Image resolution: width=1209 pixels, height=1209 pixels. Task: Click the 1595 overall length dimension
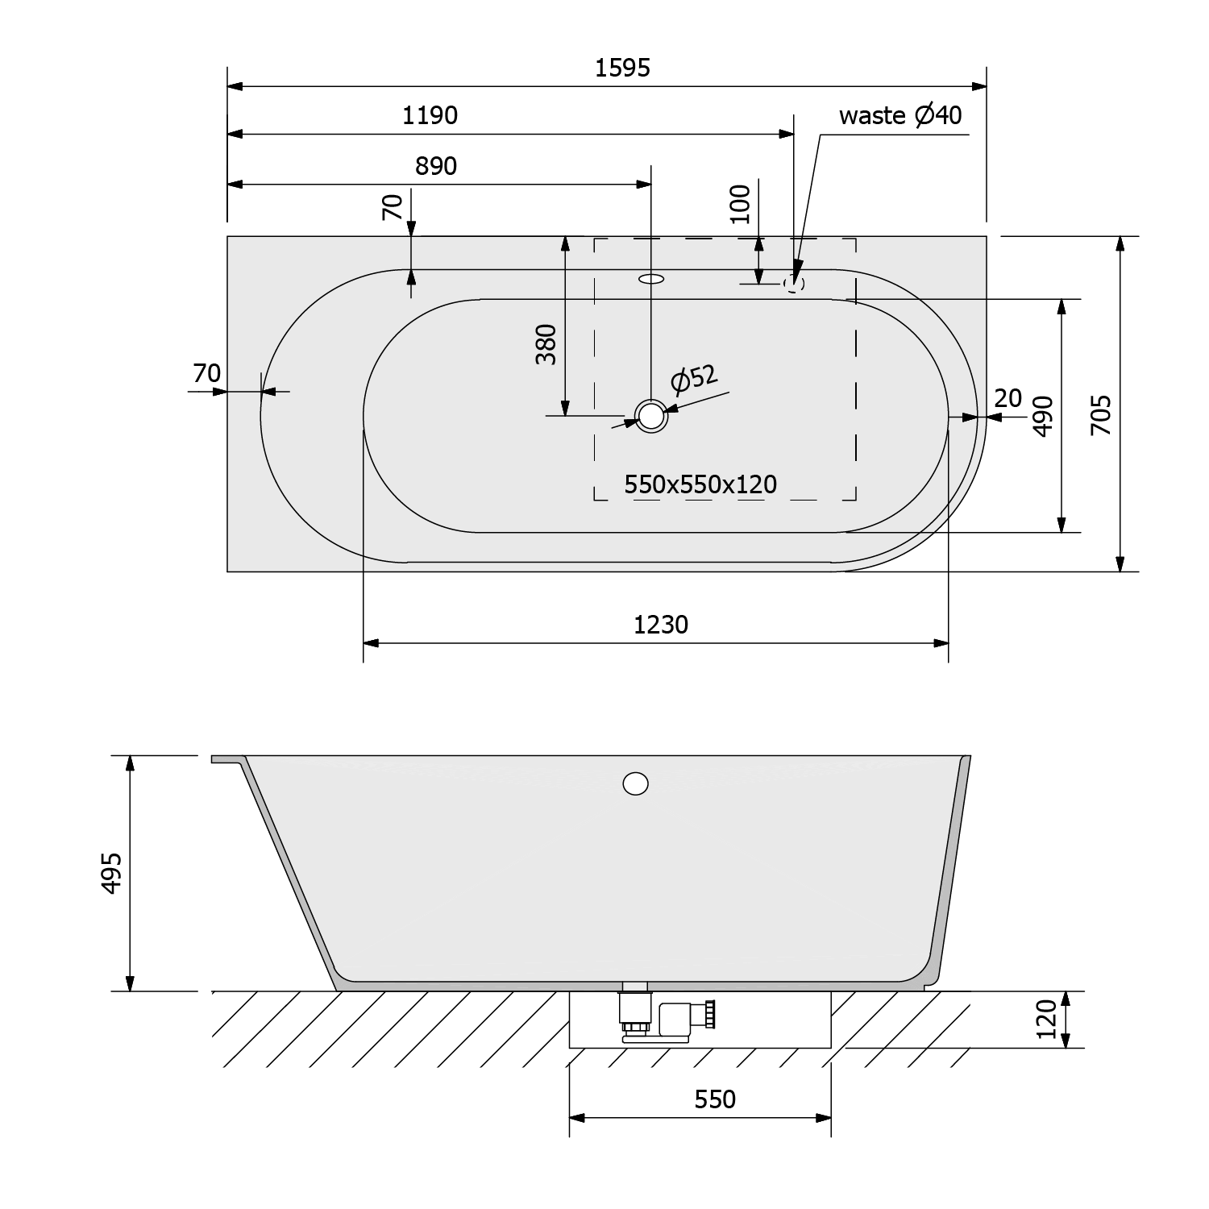click(x=622, y=68)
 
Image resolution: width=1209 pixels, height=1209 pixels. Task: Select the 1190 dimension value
click(x=430, y=116)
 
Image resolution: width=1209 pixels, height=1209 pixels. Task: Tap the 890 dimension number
click(x=435, y=166)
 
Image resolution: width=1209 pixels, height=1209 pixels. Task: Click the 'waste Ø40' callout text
click(x=899, y=115)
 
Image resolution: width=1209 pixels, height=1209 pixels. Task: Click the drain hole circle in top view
click(x=651, y=416)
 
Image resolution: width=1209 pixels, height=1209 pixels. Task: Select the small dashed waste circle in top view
click(x=795, y=283)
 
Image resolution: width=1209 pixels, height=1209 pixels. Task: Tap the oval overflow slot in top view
click(x=651, y=280)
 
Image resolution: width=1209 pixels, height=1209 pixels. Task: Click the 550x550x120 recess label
click(x=700, y=484)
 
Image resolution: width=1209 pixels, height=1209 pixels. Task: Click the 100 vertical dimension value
click(x=740, y=205)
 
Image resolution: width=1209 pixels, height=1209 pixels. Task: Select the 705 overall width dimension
click(x=1101, y=415)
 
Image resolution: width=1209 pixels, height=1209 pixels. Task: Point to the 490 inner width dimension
click(x=1043, y=415)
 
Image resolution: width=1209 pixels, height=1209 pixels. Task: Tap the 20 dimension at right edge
click(x=1008, y=398)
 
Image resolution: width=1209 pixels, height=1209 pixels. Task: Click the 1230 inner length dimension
click(x=661, y=625)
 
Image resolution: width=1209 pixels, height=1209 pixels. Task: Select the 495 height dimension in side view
click(x=110, y=872)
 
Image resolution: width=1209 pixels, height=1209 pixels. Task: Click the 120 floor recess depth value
click(x=1045, y=1020)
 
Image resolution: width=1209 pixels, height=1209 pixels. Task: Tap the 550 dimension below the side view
click(x=714, y=1099)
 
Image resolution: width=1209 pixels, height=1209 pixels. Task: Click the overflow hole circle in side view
click(x=636, y=783)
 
